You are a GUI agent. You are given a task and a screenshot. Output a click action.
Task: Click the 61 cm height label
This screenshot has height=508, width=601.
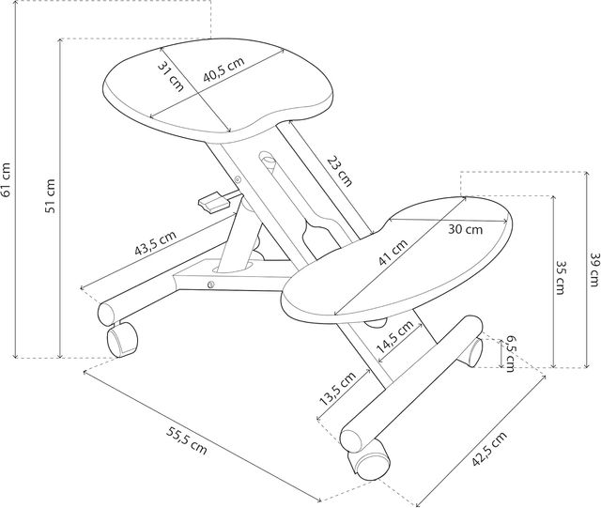pos(8,178)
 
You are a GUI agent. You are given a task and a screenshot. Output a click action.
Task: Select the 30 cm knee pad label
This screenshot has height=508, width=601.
pos(464,228)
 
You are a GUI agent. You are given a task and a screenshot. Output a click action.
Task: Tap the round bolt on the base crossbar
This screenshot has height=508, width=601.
pos(211,284)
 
